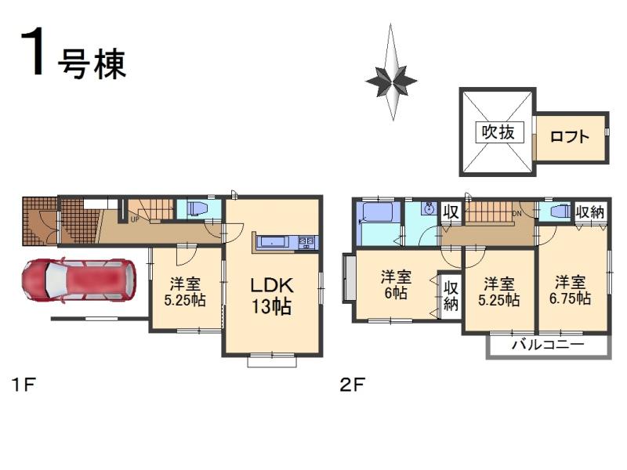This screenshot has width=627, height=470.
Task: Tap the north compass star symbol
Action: coord(391,76)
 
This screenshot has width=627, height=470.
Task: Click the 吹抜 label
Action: coord(497,132)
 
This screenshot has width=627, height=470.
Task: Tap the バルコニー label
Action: coord(548,345)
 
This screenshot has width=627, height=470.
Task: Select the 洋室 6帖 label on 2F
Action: coord(396,284)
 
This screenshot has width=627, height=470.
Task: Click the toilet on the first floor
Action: coord(196,209)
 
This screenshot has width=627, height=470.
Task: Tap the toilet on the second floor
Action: coord(559,212)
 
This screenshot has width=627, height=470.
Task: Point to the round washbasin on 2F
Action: coord(428,209)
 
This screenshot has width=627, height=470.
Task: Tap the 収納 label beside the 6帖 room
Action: coord(450,295)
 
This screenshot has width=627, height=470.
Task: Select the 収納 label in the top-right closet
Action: coord(590,211)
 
